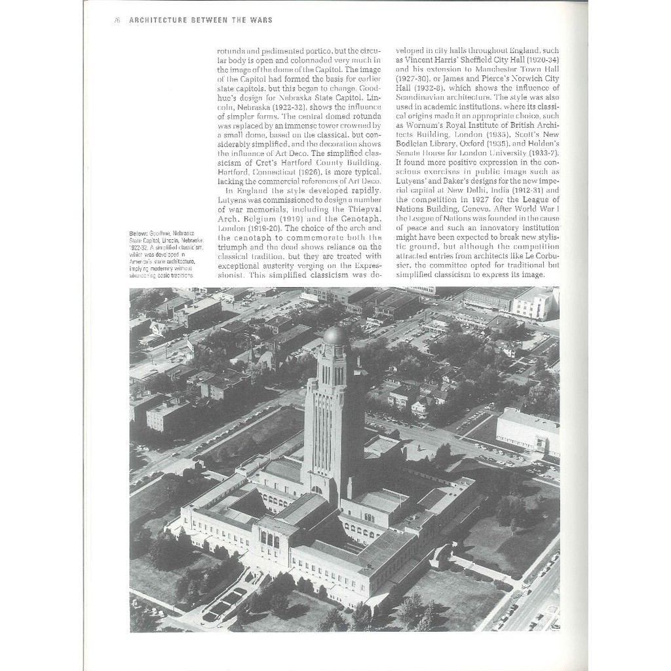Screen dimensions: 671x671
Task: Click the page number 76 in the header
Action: [117, 20]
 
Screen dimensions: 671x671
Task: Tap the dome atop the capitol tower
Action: [335, 335]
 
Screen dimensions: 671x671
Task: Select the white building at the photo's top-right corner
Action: [534, 302]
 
